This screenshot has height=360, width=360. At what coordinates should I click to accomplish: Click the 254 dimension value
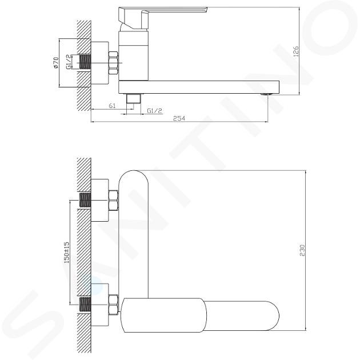click(x=179, y=118)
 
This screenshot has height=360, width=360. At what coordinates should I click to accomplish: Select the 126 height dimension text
click(x=296, y=51)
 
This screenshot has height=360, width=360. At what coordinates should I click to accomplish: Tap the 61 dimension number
click(x=112, y=106)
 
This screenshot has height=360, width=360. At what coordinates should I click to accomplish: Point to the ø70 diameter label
click(x=56, y=63)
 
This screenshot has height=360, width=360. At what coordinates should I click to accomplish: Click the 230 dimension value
click(x=302, y=250)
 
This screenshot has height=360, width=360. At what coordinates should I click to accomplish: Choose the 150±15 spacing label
click(x=66, y=252)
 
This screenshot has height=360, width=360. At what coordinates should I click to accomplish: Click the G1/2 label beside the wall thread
click(x=68, y=62)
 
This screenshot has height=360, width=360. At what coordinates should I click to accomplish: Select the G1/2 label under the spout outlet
click(x=154, y=111)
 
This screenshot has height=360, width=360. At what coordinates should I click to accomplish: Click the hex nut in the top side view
click(x=113, y=63)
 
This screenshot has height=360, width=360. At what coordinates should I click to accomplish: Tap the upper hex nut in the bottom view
click(x=113, y=201)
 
